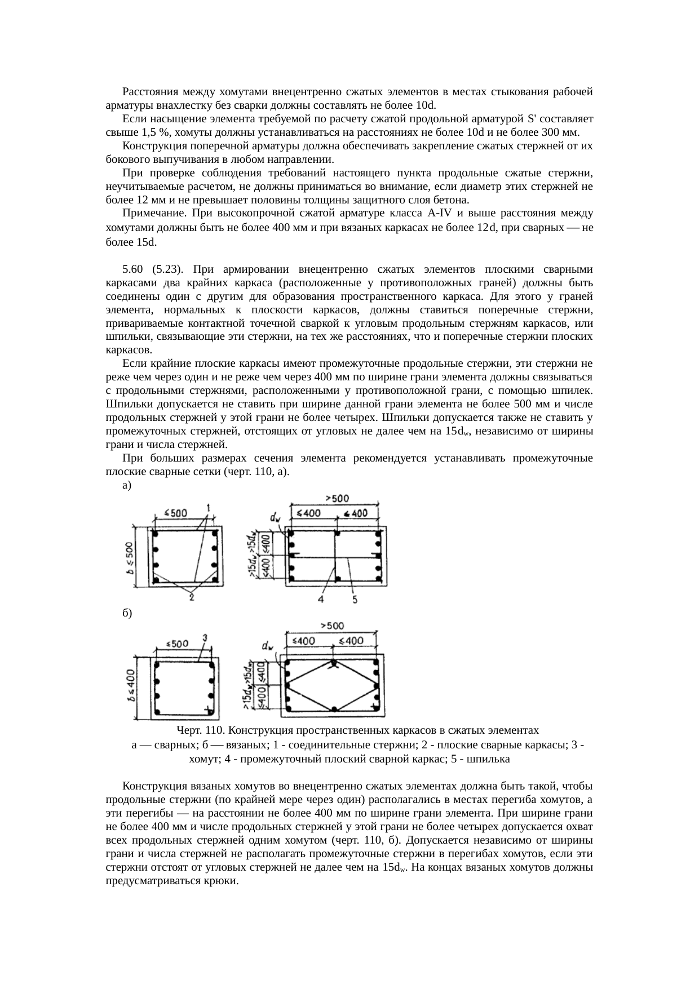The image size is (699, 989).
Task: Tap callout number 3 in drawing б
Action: click(205, 638)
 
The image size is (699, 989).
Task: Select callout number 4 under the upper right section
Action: click(321, 600)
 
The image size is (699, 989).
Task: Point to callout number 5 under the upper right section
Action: click(355, 600)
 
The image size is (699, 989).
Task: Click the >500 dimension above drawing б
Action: click(332, 626)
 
